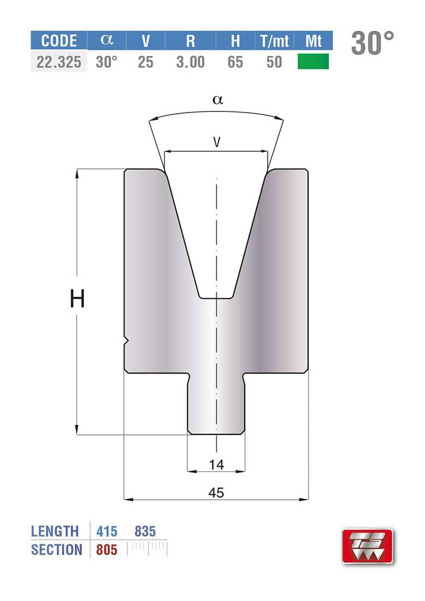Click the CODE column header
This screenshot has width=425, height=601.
click(58, 41)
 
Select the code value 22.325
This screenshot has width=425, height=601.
click(58, 62)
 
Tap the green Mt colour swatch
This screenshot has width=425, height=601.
click(313, 62)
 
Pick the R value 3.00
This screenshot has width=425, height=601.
click(190, 62)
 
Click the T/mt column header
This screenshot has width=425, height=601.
click(274, 41)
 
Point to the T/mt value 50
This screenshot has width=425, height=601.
click(274, 62)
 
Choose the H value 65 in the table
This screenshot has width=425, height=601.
click(235, 62)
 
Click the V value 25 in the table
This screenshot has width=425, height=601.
click(145, 62)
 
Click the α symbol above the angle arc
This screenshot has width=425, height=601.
click(217, 99)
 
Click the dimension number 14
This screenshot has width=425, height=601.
click(216, 465)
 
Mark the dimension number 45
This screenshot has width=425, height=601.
click(216, 493)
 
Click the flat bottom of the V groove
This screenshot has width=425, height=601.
click(216, 298)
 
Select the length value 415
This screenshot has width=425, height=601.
click(107, 531)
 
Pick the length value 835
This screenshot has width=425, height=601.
click(145, 531)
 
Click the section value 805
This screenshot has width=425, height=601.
click(107, 550)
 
